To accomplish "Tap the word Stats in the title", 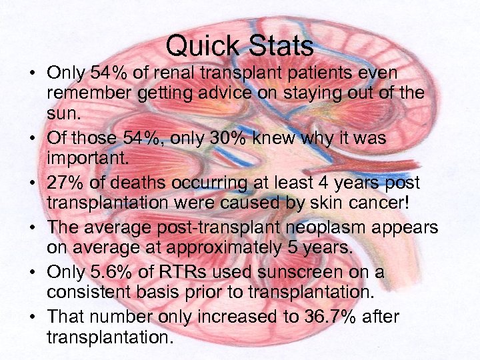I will point(281,46).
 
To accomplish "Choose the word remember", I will point(89,93).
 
